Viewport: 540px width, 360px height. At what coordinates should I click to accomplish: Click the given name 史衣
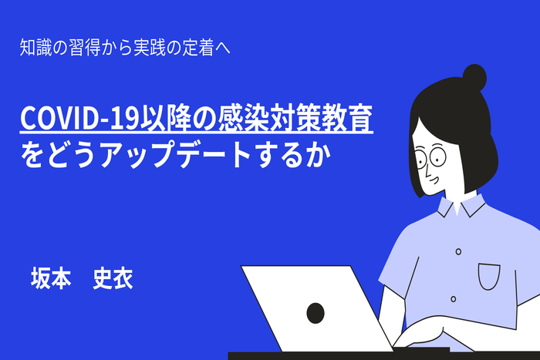[x=113, y=279]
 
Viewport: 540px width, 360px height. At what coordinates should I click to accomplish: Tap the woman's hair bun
[x=474, y=78]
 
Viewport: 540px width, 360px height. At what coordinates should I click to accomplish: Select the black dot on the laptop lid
[x=315, y=312]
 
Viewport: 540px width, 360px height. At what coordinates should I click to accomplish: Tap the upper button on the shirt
[x=458, y=251]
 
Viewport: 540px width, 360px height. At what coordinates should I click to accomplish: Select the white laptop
[x=316, y=308]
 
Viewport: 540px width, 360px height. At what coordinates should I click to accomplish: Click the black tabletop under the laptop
[x=309, y=355]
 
